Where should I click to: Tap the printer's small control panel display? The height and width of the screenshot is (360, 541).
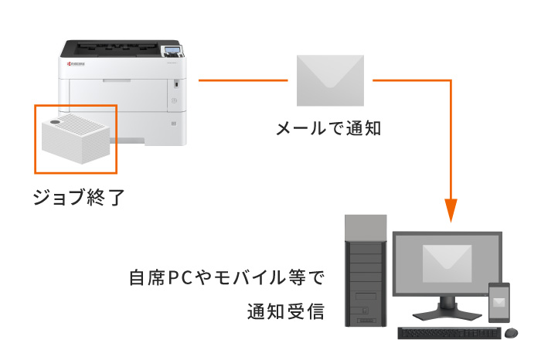click(172, 53)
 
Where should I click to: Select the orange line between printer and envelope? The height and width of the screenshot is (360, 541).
click(243, 80)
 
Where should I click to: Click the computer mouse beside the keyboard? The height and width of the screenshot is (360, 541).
click(511, 332)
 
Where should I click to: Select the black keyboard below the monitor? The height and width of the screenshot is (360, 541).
click(448, 333)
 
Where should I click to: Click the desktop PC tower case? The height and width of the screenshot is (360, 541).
click(364, 274)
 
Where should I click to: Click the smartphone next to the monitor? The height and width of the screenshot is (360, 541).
click(499, 304)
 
